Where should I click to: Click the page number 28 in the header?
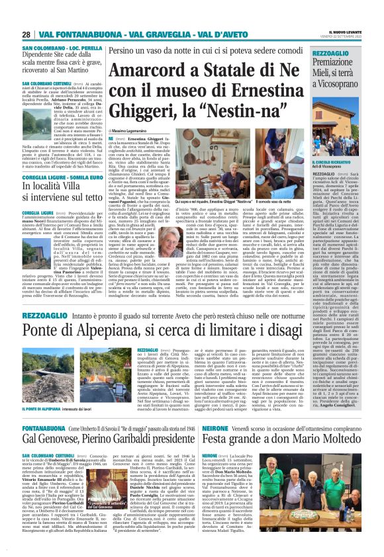[x=26, y=34]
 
